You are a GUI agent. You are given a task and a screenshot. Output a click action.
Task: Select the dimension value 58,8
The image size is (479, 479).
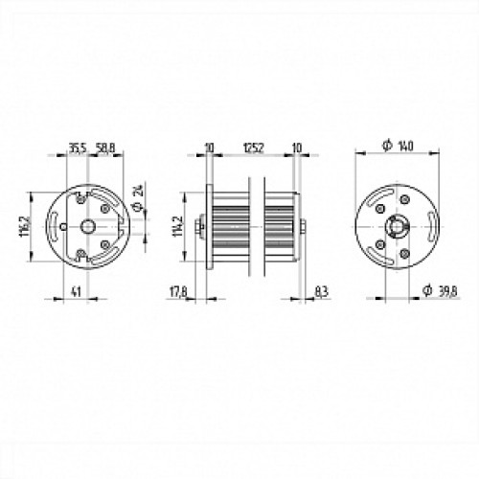coord(105,148)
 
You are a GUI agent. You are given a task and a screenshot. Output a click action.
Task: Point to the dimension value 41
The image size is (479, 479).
coord(74,293)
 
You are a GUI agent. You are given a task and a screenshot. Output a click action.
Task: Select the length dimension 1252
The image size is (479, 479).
coord(253,148)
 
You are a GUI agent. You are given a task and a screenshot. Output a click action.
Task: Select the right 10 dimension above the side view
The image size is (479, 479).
coord(298,148)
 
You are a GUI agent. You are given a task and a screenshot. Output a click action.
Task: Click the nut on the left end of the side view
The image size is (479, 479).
coord(198,226)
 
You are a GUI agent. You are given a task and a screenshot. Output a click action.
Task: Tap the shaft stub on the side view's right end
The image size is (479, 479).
coord(304,226)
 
